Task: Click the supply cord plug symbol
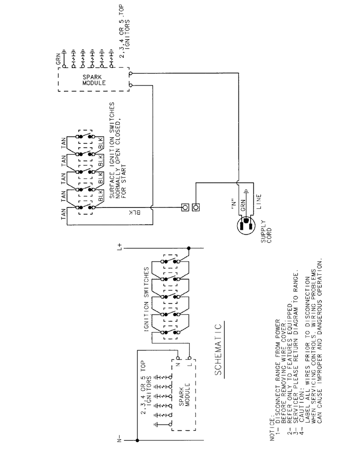pos(246,225)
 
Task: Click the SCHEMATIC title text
pos(218,350)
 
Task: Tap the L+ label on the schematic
pos(119,247)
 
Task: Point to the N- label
pos(119,440)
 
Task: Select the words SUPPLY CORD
pos(266,232)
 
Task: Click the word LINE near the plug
pos(258,202)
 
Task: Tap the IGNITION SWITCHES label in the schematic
pos(147,299)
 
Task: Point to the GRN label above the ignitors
pos(58,59)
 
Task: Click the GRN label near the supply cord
pos(243,205)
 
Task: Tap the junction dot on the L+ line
pos(188,248)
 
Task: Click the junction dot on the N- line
pos(137,440)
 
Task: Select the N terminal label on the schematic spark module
pos(177,364)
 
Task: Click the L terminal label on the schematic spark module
pos(189,364)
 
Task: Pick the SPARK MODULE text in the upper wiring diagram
pos(94,80)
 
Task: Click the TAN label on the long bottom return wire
pos(63,214)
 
